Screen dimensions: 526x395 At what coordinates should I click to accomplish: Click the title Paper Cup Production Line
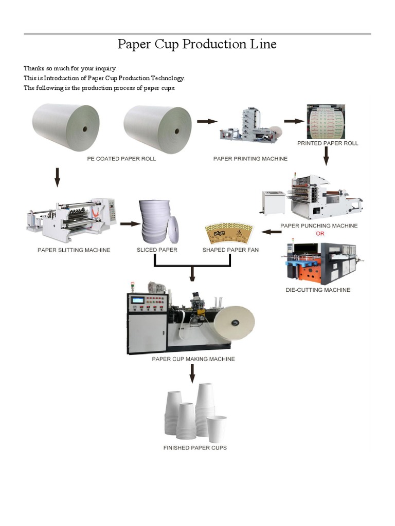coord(197,45)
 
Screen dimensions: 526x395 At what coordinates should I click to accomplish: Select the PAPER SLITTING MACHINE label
coord(74,250)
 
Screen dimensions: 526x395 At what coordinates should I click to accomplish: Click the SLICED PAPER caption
coord(157,250)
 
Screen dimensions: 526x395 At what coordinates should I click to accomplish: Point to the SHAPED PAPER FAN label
coord(230,250)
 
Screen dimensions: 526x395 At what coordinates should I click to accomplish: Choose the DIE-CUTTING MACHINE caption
coord(318,290)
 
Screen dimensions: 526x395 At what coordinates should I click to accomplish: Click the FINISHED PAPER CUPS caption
coord(195,448)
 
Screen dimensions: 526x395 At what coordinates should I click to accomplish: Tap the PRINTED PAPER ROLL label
coord(328,143)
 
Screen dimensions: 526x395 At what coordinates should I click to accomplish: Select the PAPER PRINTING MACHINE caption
coord(250,159)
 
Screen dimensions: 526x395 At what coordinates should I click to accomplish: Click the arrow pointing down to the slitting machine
coord(58,176)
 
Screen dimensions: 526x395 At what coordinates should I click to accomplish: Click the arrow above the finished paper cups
coord(192,373)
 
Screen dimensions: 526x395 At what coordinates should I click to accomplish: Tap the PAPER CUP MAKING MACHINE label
coord(193,359)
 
